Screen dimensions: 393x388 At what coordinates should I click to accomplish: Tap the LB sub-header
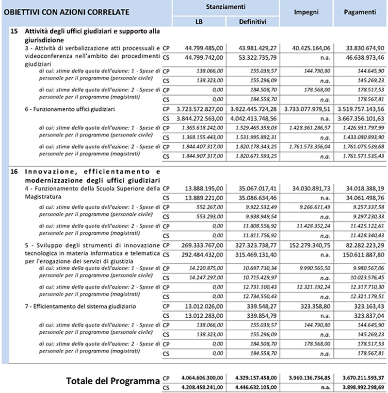click(199, 21)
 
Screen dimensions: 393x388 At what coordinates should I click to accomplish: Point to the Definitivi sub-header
click(252, 21)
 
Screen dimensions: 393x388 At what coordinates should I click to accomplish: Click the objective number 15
click(14, 31)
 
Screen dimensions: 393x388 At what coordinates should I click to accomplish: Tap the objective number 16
click(14, 171)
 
